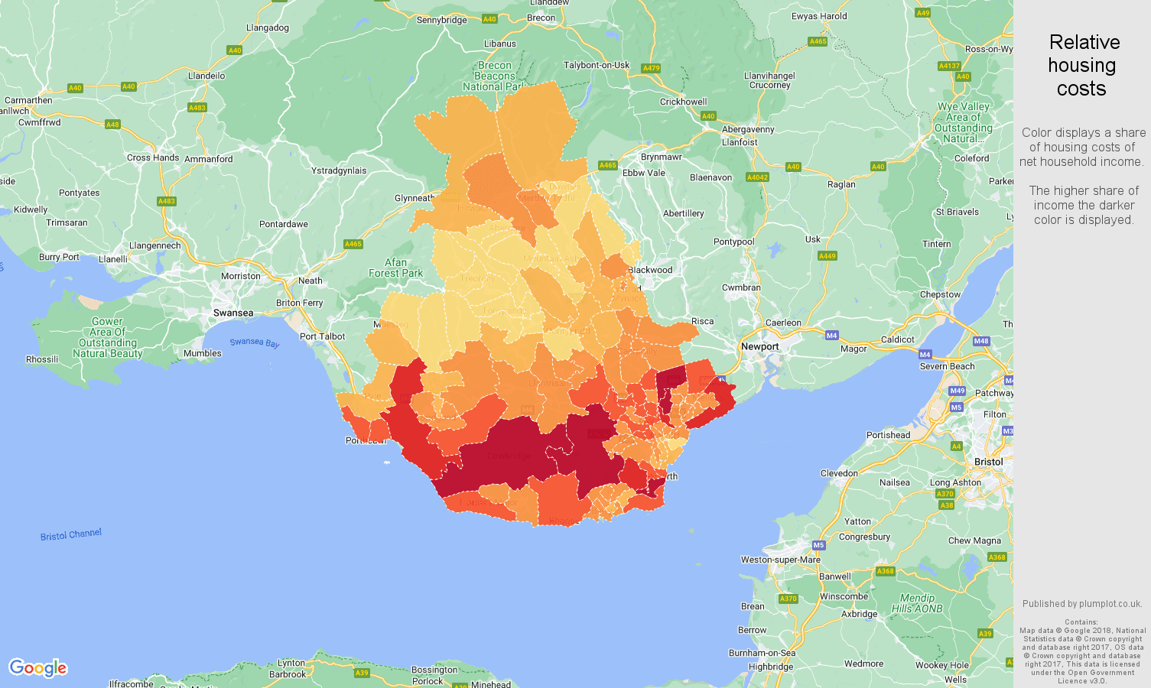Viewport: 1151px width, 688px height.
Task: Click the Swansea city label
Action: coord(233,313)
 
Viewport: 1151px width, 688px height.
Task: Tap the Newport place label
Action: coord(759,346)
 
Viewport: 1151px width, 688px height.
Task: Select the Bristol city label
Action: coord(988,462)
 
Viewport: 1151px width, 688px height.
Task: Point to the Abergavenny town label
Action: coord(748,129)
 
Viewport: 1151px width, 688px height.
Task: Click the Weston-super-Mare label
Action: coord(780,560)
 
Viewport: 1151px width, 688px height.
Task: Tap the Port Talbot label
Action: coord(322,336)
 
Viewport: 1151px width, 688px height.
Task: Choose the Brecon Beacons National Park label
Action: coord(494,76)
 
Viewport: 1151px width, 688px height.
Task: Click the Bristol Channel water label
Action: coord(70,534)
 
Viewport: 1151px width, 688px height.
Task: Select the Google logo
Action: coord(38,668)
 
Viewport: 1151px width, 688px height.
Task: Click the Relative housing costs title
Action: coord(1083,65)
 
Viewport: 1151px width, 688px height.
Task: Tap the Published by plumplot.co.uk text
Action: coord(1082,603)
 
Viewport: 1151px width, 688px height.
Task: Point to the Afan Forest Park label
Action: coord(395,268)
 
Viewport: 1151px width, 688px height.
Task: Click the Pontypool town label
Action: coord(733,242)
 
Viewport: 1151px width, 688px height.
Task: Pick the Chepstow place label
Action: coord(940,294)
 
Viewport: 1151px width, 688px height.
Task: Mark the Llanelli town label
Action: coord(113,259)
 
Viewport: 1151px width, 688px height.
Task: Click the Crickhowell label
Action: coord(683,102)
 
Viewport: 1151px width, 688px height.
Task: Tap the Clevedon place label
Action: coord(839,473)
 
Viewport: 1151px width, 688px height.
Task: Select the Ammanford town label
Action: coord(208,159)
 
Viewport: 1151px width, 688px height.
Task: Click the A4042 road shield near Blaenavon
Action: coord(756,177)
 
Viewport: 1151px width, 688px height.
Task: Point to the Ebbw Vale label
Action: coord(643,173)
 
